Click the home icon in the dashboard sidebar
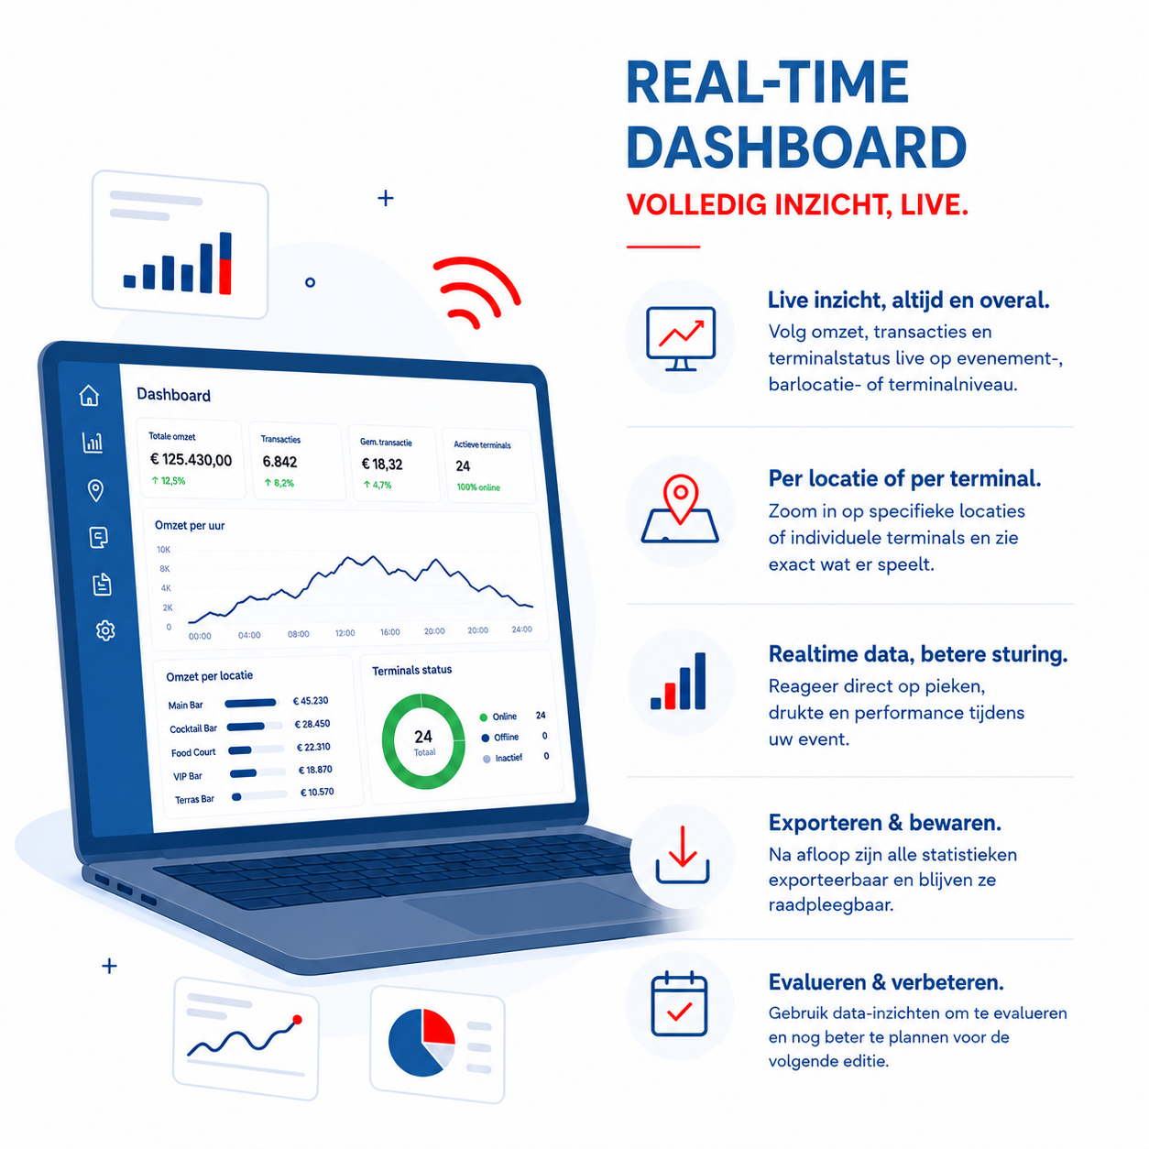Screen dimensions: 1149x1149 [89, 395]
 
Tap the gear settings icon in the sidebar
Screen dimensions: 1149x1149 [105, 630]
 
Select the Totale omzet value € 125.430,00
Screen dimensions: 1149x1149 [191, 459]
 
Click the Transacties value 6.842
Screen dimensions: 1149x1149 [279, 462]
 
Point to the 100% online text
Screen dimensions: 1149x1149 [478, 487]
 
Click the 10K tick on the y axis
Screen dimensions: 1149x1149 [163, 549]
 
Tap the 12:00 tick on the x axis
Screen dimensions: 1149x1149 [345, 632]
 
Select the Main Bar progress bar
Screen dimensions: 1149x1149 [250, 703]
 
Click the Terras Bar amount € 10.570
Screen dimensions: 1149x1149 [317, 792]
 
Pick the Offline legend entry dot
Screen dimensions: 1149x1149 [486, 739]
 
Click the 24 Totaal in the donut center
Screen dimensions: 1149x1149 [423, 742]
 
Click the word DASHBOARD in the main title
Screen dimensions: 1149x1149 [796, 148]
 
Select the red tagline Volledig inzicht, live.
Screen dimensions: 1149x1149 [797, 204]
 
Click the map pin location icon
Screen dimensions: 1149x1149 [681, 509]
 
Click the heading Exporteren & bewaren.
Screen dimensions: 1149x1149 [884, 823]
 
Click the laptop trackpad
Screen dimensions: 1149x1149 [531, 907]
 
